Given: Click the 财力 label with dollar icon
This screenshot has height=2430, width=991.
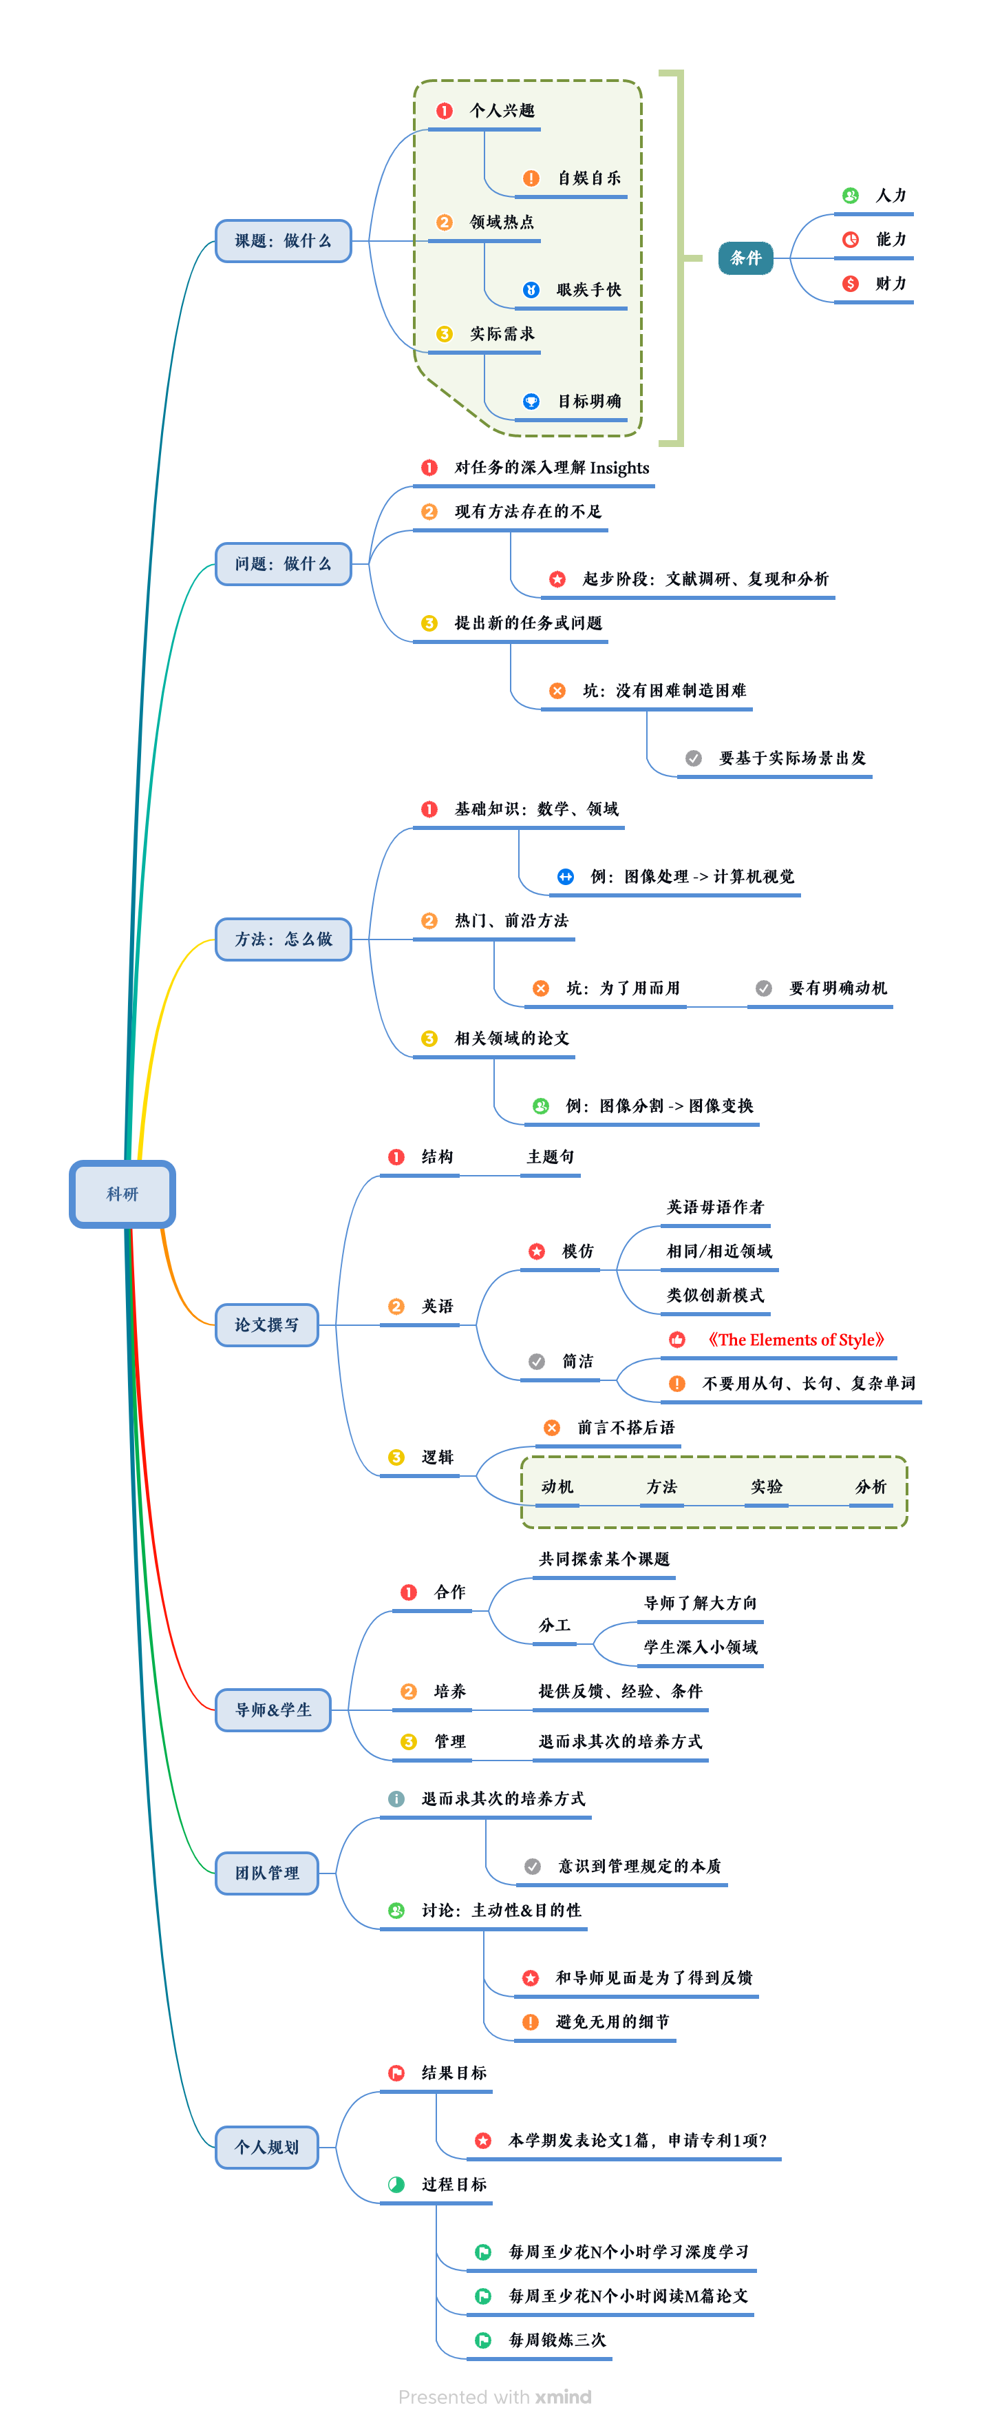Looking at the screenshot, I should (x=889, y=283).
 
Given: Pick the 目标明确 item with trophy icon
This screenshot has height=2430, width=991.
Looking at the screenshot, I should (x=588, y=401).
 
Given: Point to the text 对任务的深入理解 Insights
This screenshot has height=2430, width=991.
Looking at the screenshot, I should (x=552, y=468).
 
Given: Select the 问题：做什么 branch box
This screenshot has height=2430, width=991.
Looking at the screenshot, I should (x=283, y=563).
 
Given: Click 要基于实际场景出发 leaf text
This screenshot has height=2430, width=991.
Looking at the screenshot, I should (x=791, y=758).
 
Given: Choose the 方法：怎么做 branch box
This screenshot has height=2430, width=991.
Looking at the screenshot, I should (x=283, y=939).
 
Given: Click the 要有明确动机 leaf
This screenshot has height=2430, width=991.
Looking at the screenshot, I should (x=838, y=988).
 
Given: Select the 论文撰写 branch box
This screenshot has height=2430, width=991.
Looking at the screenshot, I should (x=267, y=1325).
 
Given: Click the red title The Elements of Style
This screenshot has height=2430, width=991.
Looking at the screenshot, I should (x=795, y=1340).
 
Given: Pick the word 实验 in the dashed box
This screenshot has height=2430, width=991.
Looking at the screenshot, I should (x=766, y=1486).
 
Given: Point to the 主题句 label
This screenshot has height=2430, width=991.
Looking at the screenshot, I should (x=550, y=1156).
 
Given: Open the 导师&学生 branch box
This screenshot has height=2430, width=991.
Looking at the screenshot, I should (x=273, y=1710).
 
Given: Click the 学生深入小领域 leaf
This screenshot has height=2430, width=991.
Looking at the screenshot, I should (x=700, y=1647).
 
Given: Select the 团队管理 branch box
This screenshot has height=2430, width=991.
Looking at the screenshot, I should (x=267, y=1873).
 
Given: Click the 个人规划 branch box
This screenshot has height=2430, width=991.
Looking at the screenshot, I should (x=267, y=2146).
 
